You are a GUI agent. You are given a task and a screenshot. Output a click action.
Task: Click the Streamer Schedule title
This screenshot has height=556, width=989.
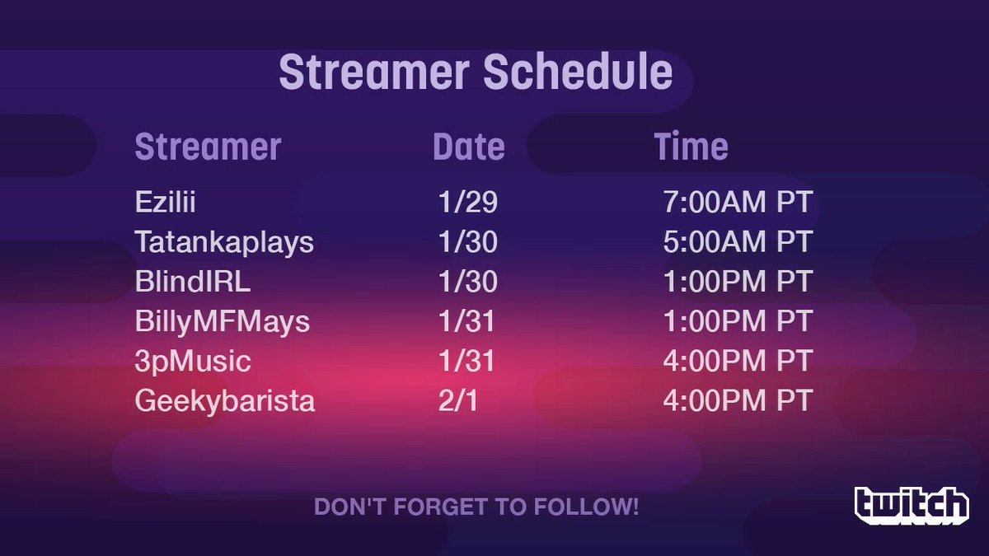[x=476, y=72]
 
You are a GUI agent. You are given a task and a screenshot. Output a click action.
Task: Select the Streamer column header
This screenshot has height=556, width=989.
[x=208, y=147]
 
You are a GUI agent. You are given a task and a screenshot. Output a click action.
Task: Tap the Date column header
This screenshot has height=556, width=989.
[x=468, y=147]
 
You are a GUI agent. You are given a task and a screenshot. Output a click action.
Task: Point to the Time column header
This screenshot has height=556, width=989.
[x=691, y=147]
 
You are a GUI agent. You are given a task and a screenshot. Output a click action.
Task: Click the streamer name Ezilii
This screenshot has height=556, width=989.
[x=165, y=202]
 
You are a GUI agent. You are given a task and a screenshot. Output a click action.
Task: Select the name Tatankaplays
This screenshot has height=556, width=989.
[x=224, y=243]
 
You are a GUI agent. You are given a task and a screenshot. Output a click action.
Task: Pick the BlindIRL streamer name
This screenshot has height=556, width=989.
[x=193, y=281]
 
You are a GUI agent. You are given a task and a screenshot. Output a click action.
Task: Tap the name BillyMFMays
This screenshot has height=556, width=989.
[x=223, y=322]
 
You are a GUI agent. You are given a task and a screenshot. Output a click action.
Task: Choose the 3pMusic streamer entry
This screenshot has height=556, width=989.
[x=193, y=362]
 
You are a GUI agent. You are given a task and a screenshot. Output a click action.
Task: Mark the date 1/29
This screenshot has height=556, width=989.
[x=468, y=202]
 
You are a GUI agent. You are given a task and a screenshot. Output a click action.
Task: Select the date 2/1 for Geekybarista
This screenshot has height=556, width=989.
[x=458, y=400]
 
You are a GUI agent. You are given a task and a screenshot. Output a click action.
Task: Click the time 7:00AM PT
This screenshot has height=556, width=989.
[x=738, y=202]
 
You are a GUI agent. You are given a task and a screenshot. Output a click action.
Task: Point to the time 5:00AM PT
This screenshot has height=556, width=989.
[x=738, y=241]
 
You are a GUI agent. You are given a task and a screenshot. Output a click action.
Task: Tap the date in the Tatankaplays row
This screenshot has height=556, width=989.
[x=468, y=241]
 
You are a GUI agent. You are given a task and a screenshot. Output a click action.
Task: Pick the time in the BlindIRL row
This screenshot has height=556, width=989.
[x=738, y=281]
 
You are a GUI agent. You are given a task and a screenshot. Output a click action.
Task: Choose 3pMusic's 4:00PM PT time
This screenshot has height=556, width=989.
[x=738, y=361]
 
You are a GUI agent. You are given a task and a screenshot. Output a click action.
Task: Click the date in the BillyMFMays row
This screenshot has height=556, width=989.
[x=466, y=320]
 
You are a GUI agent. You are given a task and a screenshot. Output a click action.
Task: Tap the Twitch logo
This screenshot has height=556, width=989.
[x=912, y=506]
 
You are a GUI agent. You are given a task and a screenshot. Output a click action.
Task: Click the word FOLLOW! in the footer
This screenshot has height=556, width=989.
[x=586, y=507]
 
